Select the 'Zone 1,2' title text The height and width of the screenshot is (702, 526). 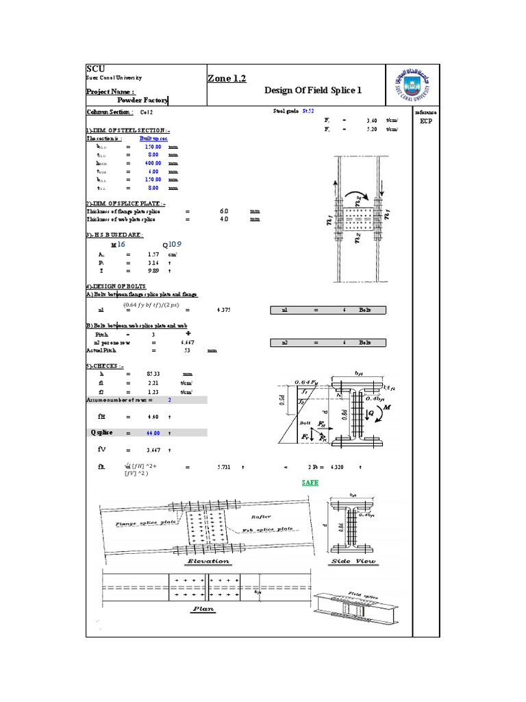pyautogui.click(x=226, y=80)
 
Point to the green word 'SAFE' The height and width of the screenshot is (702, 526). pyautogui.click(x=310, y=483)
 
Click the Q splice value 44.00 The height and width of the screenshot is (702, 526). pyautogui.click(x=151, y=433)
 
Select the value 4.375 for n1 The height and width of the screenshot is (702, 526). pyautogui.click(x=223, y=310)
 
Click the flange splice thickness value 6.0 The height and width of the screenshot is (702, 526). pyautogui.click(x=223, y=211)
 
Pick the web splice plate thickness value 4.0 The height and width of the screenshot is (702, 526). pyautogui.click(x=223, y=219)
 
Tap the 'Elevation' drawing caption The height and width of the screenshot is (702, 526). pyautogui.click(x=208, y=561)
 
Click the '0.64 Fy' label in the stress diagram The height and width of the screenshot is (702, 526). pyautogui.click(x=306, y=382)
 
